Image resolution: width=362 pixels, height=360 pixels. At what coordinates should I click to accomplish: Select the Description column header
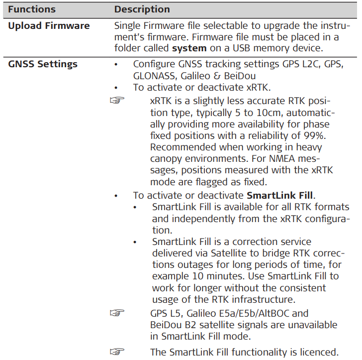[x=142, y=9]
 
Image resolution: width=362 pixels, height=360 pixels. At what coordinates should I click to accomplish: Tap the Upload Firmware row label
[x=49, y=26]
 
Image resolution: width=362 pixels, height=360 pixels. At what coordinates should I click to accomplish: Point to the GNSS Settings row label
[x=43, y=64]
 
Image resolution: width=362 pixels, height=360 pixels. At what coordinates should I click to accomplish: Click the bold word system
[x=189, y=48]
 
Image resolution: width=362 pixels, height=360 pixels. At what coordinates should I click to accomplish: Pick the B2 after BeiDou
[x=194, y=325]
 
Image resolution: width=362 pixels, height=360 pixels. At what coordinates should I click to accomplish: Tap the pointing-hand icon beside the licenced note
[x=116, y=352]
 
